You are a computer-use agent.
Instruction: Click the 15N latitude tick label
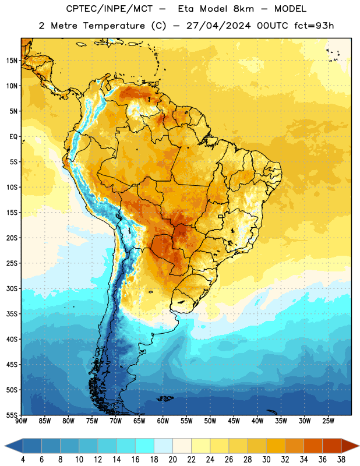[12, 61]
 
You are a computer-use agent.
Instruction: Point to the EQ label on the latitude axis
[13, 137]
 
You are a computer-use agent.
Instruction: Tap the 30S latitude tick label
[12, 288]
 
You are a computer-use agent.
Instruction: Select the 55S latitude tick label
[12, 415]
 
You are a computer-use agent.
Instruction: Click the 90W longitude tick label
[21, 421]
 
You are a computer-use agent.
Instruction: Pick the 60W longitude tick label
[163, 421]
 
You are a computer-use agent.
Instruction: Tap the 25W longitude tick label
[328, 421]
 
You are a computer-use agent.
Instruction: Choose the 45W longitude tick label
[234, 421]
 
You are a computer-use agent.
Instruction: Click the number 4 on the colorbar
[23, 460]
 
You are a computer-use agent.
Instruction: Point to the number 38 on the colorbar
[341, 460]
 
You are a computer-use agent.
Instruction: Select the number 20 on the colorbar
[172, 460]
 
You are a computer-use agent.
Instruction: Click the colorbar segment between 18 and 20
[164, 446]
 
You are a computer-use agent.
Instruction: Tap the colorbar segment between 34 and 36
[313, 446]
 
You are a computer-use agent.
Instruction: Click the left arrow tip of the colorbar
[5, 446]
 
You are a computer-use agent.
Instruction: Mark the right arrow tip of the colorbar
[359, 446]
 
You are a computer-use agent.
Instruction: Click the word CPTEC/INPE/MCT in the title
[110, 9]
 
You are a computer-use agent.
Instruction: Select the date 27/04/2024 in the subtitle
[218, 26]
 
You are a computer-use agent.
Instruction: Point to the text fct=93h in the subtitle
[314, 26]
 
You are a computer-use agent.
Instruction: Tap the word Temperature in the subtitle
[114, 26]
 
